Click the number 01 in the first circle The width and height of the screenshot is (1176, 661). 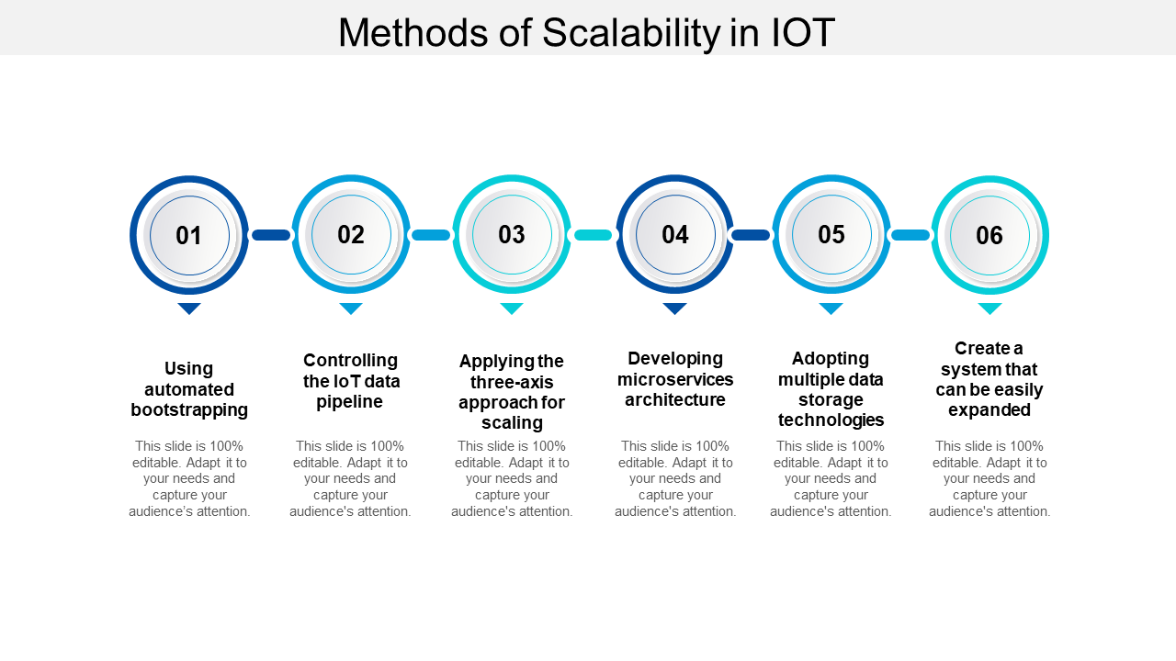pyautogui.click(x=189, y=236)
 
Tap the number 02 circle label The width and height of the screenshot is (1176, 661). pyautogui.click(x=351, y=234)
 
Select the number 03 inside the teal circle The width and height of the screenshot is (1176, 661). pyautogui.click(x=512, y=234)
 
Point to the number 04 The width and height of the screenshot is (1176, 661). pyautogui.click(x=675, y=234)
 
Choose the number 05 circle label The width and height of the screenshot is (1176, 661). pyautogui.click(x=831, y=234)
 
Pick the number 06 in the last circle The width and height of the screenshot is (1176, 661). pyautogui.click(x=989, y=236)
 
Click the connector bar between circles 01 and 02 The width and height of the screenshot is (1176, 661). pyautogui.click(x=271, y=235)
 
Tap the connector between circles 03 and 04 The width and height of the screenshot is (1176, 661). pyautogui.click(x=594, y=235)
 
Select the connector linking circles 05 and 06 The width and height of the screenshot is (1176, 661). pyautogui.click(x=910, y=235)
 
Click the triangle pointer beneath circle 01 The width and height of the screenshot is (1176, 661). pyautogui.click(x=189, y=308)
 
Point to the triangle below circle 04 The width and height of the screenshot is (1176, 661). pyautogui.click(x=675, y=308)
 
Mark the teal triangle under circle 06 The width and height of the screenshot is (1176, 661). pyautogui.click(x=989, y=308)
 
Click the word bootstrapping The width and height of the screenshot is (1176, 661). pyautogui.click(x=189, y=410)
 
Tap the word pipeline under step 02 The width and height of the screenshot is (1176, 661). pyautogui.click(x=350, y=402)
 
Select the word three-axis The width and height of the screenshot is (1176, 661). pyautogui.click(x=512, y=382)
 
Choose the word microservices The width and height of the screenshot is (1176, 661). pyautogui.click(x=675, y=379)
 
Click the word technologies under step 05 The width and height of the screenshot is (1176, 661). pyautogui.click(x=831, y=420)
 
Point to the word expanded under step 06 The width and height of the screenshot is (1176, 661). pyautogui.click(x=989, y=410)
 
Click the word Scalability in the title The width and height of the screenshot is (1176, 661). pyautogui.click(x=631, y=32)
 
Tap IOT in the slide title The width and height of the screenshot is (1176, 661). pyautogui.click(x=803, y=32)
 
